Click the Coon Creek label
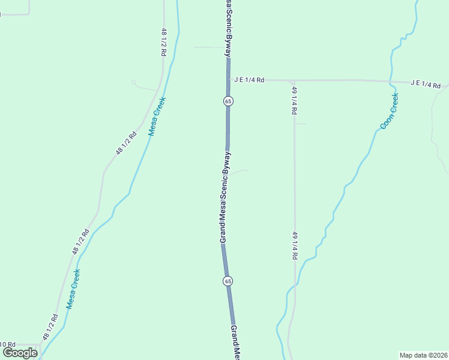pyautogui.click(x=389, y=111)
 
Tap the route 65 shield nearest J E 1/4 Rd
pyautogui.click(x=228, y=101)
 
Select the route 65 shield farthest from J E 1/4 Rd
pyautogui.click(x=228, y=281)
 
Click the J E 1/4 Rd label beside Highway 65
pyautogui.click(x=249, y=79)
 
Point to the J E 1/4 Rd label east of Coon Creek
pyautogui.click(x=426, y=84)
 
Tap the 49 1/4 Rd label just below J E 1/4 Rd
pyautogui.click(x=294, y=100)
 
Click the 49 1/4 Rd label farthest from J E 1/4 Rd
pyautogui.click(x=294, y=245)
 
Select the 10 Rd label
pyautogui.click(x=7, y=344)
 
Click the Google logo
pyautogui.click(x=20, y=353)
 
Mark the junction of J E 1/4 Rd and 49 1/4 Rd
pyautogui.click(x=292, y=80)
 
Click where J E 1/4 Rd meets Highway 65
pyautogui.click(x=228, y=79)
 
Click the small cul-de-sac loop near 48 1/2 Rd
pyautogui.click(x=134, y=82)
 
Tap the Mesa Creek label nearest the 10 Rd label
pyautogui.click(x=73, y=289)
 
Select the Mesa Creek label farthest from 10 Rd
pyautogui.click(x=157, y=116)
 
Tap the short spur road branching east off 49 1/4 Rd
pyautogui.click(x=301, y=124)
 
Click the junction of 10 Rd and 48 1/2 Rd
pyautogui.click(x=40, y=344)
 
